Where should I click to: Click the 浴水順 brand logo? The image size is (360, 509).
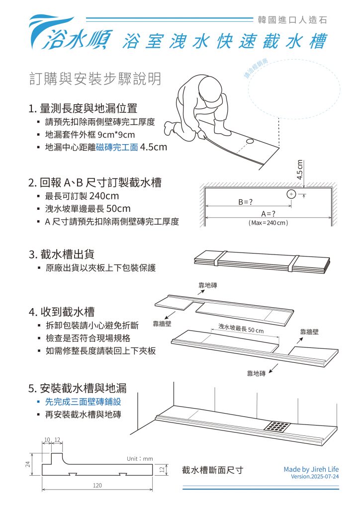(x=70, y=35)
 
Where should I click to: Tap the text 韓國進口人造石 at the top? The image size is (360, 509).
(x=292, y=20)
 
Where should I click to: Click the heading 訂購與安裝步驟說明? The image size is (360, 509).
(x=95, y=79)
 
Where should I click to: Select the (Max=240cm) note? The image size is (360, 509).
(x=268, y=223)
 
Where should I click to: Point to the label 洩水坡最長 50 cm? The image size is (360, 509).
(x=241, y=330)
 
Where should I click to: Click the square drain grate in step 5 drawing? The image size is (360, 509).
(x=277, y=426)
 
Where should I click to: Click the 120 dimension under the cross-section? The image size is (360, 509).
(x=97, y=484)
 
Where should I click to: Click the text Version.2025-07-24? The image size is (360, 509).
(x=315, y=477)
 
